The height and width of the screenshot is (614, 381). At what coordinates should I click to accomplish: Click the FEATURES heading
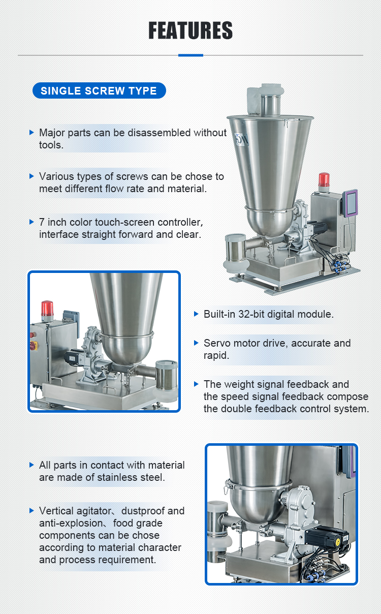click(190, 30)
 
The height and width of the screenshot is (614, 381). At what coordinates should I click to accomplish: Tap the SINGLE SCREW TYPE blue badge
click(99, 90)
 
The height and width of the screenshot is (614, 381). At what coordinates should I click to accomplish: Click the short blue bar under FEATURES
click(190, 55)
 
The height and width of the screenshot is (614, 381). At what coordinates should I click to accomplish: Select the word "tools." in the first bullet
click(51, 145)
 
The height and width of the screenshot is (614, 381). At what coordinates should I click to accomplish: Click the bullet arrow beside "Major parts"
click(32, 133)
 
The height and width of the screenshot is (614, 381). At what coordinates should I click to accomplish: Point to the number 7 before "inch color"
click(42, 222)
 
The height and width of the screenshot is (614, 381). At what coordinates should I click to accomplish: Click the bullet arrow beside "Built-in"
click(196, 314)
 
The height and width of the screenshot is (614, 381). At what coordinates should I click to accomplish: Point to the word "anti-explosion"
click(71, 523)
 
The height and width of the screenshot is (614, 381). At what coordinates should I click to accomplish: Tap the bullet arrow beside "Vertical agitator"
click(32, 511)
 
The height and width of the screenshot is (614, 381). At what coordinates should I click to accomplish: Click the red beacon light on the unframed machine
click(324, 180)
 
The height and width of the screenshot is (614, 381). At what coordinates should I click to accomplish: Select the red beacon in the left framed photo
click(47, 309)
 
